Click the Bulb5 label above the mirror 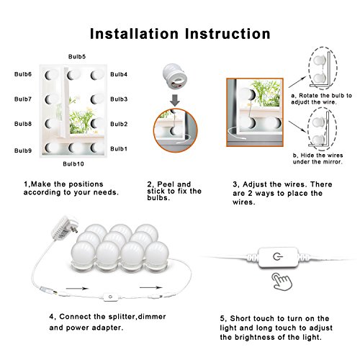(77, 57)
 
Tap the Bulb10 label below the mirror (73, 164)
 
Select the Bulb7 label (23, 99)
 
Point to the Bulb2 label (119, 124)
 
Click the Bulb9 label (23, 150)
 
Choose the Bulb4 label (119, 74)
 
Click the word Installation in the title (134, 34)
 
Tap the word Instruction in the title (228, 34)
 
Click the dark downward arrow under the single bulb (175, 100)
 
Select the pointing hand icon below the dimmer (282, 282)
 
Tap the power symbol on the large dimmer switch (278, 257)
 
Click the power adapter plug (64, 228)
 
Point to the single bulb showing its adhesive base (175, 76)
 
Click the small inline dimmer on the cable (111, 297)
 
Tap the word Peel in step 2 (166, 184)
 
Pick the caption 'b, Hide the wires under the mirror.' (318, 158)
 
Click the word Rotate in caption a (309, 96)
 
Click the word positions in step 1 (86, 184)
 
